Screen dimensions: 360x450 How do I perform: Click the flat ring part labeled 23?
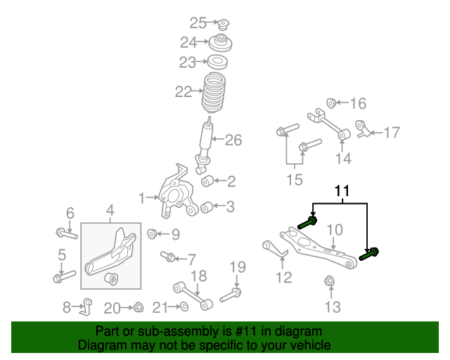click(x=217, y=62)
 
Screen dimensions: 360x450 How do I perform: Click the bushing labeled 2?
click(x=207, y=182)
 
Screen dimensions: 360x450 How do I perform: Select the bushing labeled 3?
click(x=207, y=207)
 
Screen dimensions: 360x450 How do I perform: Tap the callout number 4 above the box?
click(x=110, y=210)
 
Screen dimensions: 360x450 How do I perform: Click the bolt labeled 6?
click(x=63, y=232)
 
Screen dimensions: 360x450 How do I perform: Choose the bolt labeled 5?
click(x=63, y=276)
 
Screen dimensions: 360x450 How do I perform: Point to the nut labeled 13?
click(x=329, y=283)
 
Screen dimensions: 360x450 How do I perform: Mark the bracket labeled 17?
click(x=363, y=130)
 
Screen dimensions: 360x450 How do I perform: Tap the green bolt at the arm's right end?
click(x=369, y=254)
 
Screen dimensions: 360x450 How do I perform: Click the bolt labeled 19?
click(x=231, y=294)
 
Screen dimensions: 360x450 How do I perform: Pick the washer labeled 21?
click(x=183, y=307)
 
